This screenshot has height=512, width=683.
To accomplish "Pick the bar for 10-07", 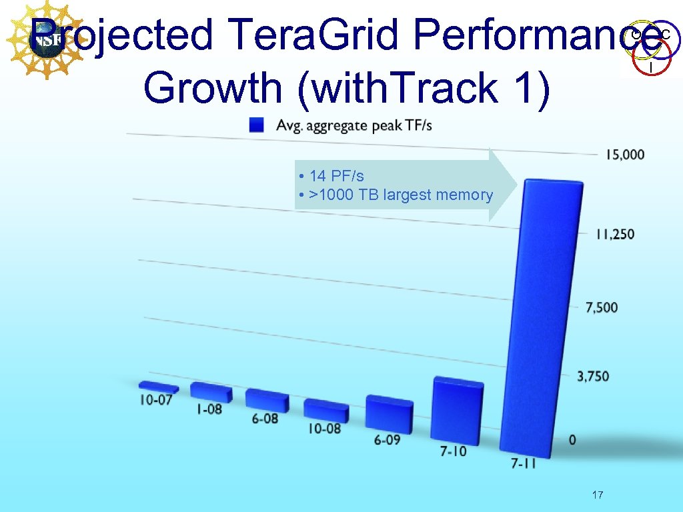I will click(x=159, y=386).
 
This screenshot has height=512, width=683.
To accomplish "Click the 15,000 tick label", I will click(x=625, y=155).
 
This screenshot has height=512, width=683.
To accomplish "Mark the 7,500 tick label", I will click(x=602, y=307).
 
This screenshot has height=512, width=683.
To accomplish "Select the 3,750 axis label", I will click(x=593, y=377).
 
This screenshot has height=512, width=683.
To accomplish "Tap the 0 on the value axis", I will click(x=573, y=440).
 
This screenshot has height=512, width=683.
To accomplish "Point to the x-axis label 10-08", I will click(x=325, y=429).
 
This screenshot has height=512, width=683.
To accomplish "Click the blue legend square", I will click(x=257, y=125).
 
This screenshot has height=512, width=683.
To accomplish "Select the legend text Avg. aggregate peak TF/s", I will click(x=354, y=125).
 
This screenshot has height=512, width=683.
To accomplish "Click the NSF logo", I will click(x=46, y=39).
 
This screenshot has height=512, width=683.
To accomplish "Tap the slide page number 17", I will click(x=598, y=495).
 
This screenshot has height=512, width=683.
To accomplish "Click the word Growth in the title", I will click(x=213, y=88).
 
